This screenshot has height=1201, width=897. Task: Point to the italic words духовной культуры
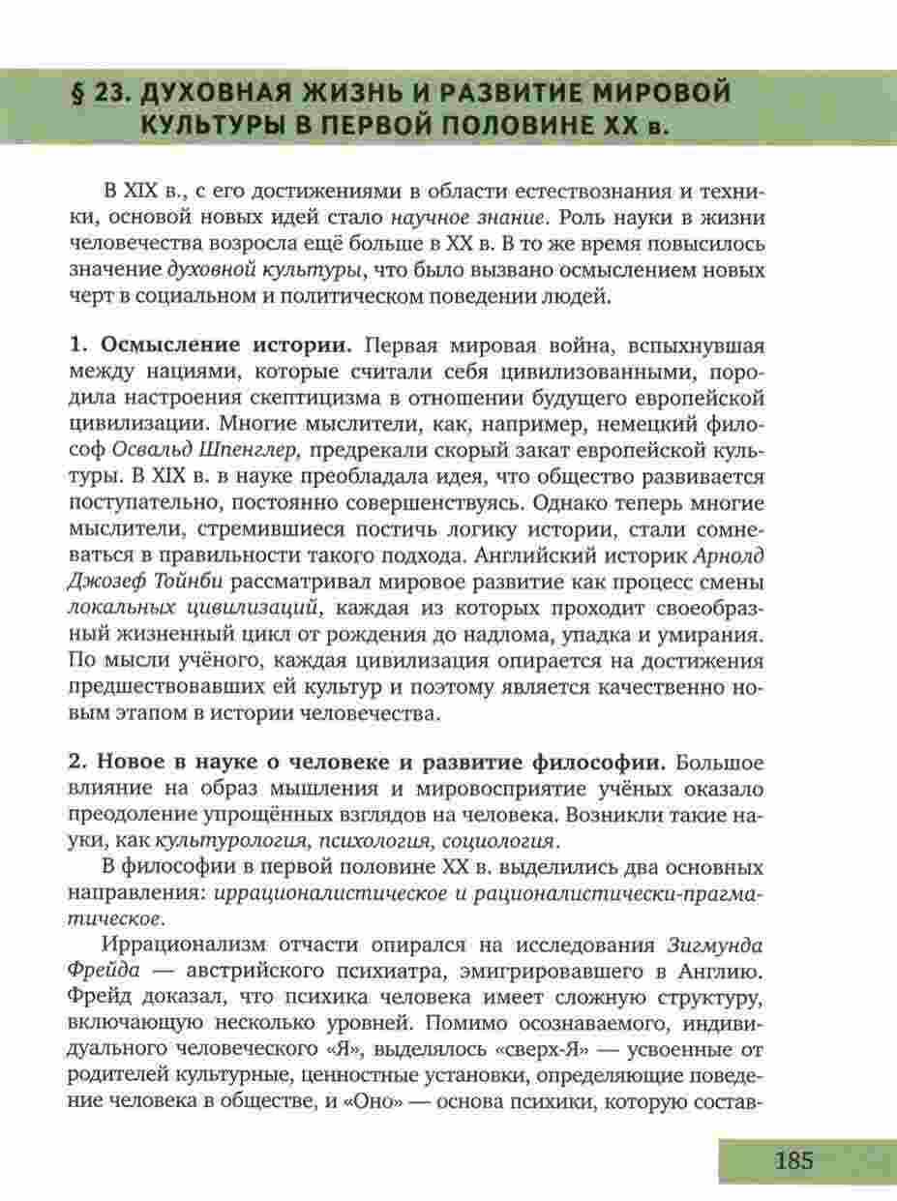259,270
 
